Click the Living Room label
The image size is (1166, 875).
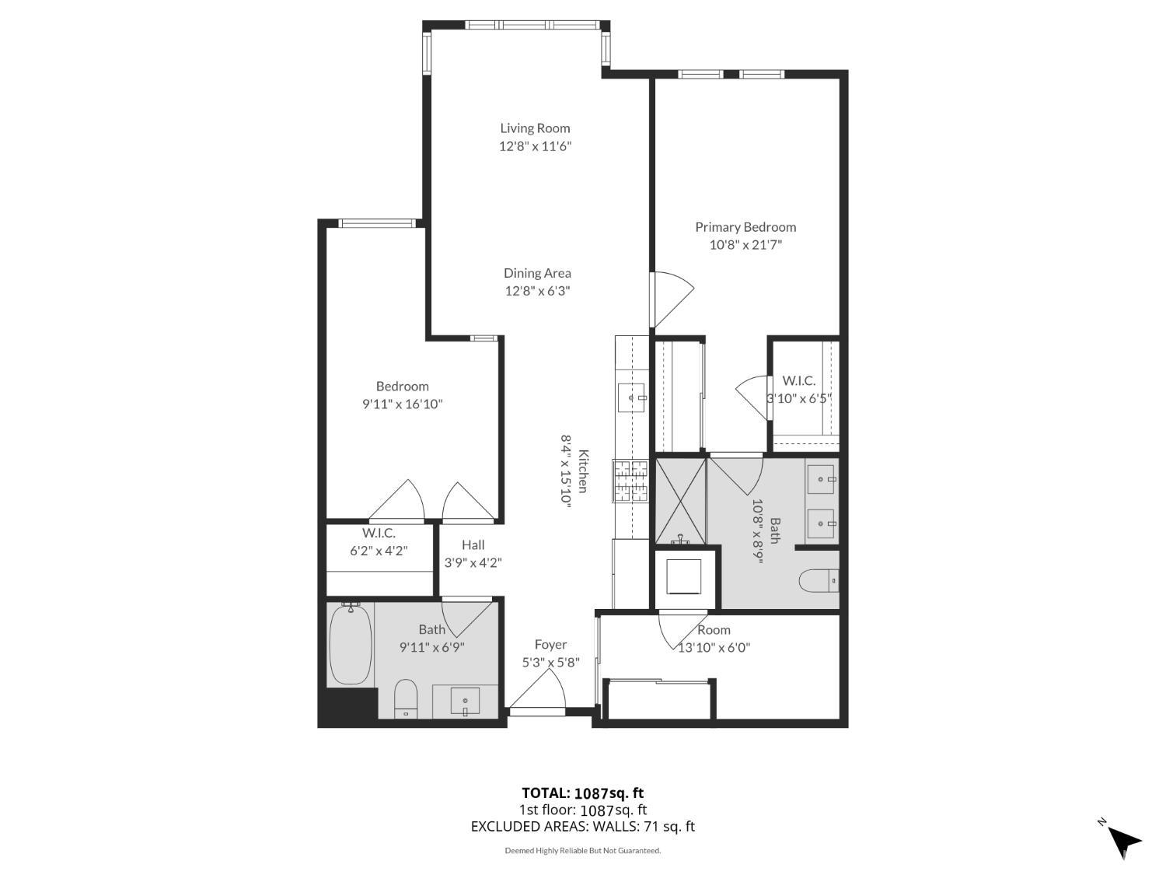pyautogui.click(x=535, y=128)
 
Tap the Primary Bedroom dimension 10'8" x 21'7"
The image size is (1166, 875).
pyautogui.click(x=745, y=245)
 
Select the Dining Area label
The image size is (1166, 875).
pyautogui.click(x=537, y=273)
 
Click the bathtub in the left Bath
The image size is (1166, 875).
pyautogui.click(x=350, y=644)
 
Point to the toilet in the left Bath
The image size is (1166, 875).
pyautogui.click(x=406, y=698)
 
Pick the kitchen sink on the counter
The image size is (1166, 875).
pyautogui.click(x=630, y=397)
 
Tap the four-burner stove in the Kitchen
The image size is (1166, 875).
pyautogui.click(x=630, y=481)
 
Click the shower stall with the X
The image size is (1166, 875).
pyautogui.click(x=681, y=501)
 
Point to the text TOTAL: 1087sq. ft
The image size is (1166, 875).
pyautogui.click(x=582, y=793)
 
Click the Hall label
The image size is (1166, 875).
pyautogui.click(x=473, y=545)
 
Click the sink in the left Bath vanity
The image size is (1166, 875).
pyautogui.click(x=465, y=702)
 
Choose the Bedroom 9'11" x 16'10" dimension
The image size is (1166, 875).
pyautogui.click(x=403, y=404)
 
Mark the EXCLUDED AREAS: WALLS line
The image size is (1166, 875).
pyautogui.click(x=582, y=827)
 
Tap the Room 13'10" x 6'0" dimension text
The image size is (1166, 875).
pyautogui.click(x=714, y=647)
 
